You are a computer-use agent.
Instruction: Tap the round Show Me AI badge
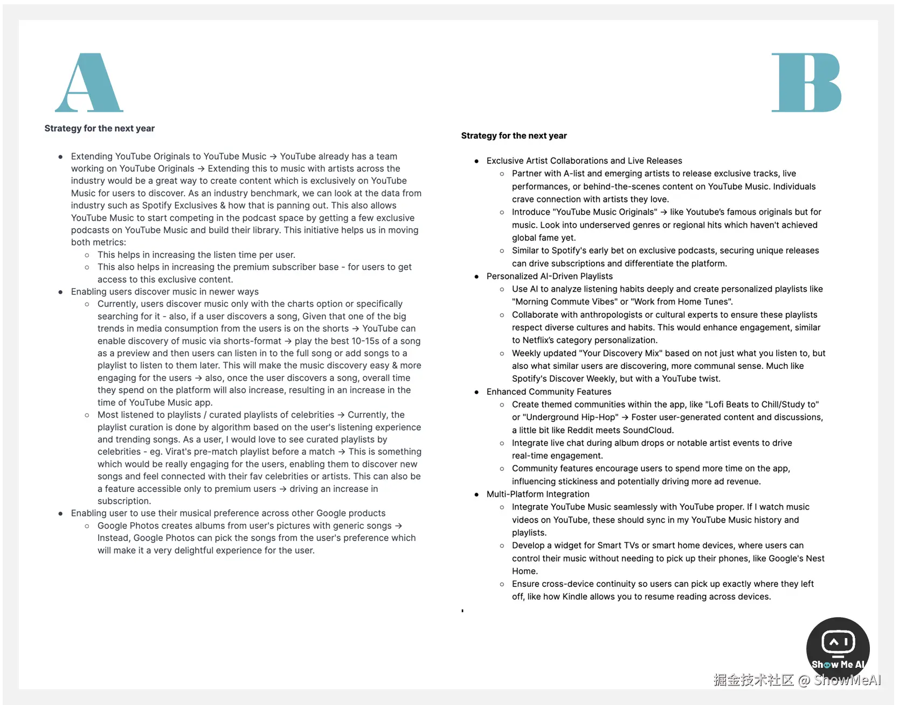point(838,647)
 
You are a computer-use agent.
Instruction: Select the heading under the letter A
point(99,128)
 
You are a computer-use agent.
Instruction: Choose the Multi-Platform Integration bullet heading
point(537,494)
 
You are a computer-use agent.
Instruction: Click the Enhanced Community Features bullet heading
point(549,392)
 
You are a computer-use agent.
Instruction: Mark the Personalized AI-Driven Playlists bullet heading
point(549,276)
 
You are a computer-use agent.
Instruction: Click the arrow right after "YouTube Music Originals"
point(663,212)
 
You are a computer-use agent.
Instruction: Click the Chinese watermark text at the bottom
point(753,680)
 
